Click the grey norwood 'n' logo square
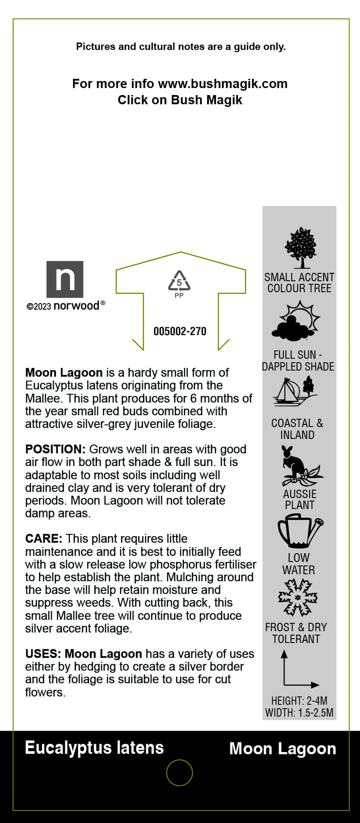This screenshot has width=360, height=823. click(x=65, y=279)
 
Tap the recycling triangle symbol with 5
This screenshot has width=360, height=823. click(x=179, y=282)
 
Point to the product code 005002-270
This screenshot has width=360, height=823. click(x=180, y=331)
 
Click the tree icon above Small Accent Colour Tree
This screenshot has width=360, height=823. click(x=300, y=248)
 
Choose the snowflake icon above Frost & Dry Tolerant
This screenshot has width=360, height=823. click(x=298, y=597)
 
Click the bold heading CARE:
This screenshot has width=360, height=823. click(x=44, y=539)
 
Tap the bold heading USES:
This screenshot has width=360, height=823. click(x=43, y=654)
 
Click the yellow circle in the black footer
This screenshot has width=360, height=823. click(x=180, y=773)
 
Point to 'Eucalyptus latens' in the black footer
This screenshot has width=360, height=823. click(x=94, y=748)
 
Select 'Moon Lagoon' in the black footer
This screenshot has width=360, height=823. click(x=282, y=749)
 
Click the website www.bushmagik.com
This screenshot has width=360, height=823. click(x=222, y=84)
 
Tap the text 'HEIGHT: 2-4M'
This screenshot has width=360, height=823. click(x=299, y=701)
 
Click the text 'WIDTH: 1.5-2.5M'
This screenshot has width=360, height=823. click(x=299, y=713)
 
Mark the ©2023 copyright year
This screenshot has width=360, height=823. click(x=39, y=307)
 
